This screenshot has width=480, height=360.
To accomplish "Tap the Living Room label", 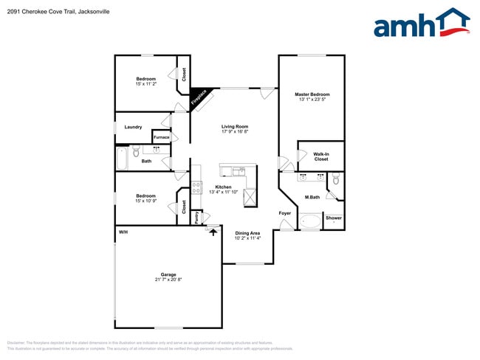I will [x=235, y=126].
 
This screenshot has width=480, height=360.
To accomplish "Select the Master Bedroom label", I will [x=312, y=94].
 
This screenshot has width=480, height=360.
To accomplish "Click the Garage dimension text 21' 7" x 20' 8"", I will [x=169, y=280].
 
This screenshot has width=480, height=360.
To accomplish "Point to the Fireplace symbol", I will [x=200, y=99].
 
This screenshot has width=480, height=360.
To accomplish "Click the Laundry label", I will [x=133, y=127].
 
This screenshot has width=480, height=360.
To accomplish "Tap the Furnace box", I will [x=161, y=137].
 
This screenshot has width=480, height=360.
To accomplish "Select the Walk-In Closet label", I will [x=320, y=156].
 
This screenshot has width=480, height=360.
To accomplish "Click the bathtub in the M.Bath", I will [x=311, y=221].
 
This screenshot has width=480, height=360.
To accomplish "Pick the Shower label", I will [x=334, y=218].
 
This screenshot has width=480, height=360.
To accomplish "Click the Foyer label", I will [x=285, y=213].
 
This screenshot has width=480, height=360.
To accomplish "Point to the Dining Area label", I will [x=247, y=233].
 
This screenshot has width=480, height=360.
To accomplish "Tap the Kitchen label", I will [x=224, y=187].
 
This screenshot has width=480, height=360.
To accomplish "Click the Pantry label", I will [x=196, y=218].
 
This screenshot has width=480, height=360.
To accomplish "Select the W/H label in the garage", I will [x=123, y=232].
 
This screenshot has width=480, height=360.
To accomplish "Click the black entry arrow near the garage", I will [x=214, y=232].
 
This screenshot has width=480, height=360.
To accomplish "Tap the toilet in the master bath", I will [x=335, y=179].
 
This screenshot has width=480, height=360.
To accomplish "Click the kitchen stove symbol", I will [x=196, y=187].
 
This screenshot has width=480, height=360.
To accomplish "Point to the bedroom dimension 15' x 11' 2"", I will [x=145, y=84].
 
